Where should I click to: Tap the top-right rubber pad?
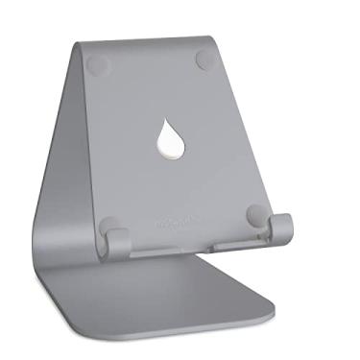208,59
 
